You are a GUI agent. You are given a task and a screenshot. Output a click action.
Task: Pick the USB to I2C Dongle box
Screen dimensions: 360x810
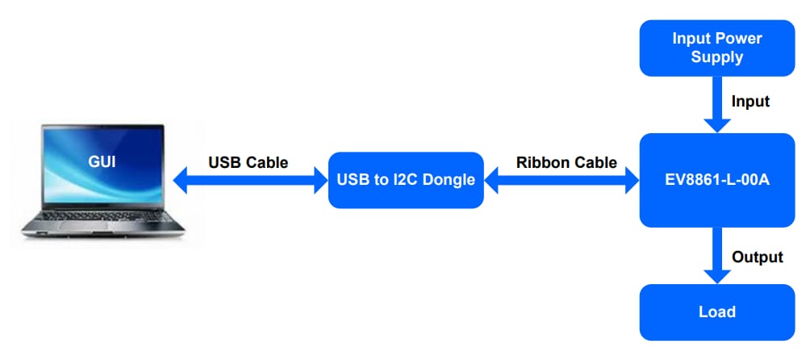coord(405,180)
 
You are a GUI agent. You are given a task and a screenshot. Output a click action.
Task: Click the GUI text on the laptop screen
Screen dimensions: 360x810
coord(102,161)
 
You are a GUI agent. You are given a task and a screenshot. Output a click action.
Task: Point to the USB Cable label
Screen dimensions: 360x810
coord(248,162)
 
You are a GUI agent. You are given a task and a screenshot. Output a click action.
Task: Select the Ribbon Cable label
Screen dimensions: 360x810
coord(566,162)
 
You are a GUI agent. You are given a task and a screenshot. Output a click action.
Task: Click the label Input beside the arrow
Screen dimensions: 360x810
coord(750,102)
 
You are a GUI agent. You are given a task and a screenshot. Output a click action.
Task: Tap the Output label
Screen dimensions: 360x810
coord(757,257)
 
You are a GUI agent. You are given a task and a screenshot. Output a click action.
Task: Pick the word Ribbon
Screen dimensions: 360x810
coord(543,162)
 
